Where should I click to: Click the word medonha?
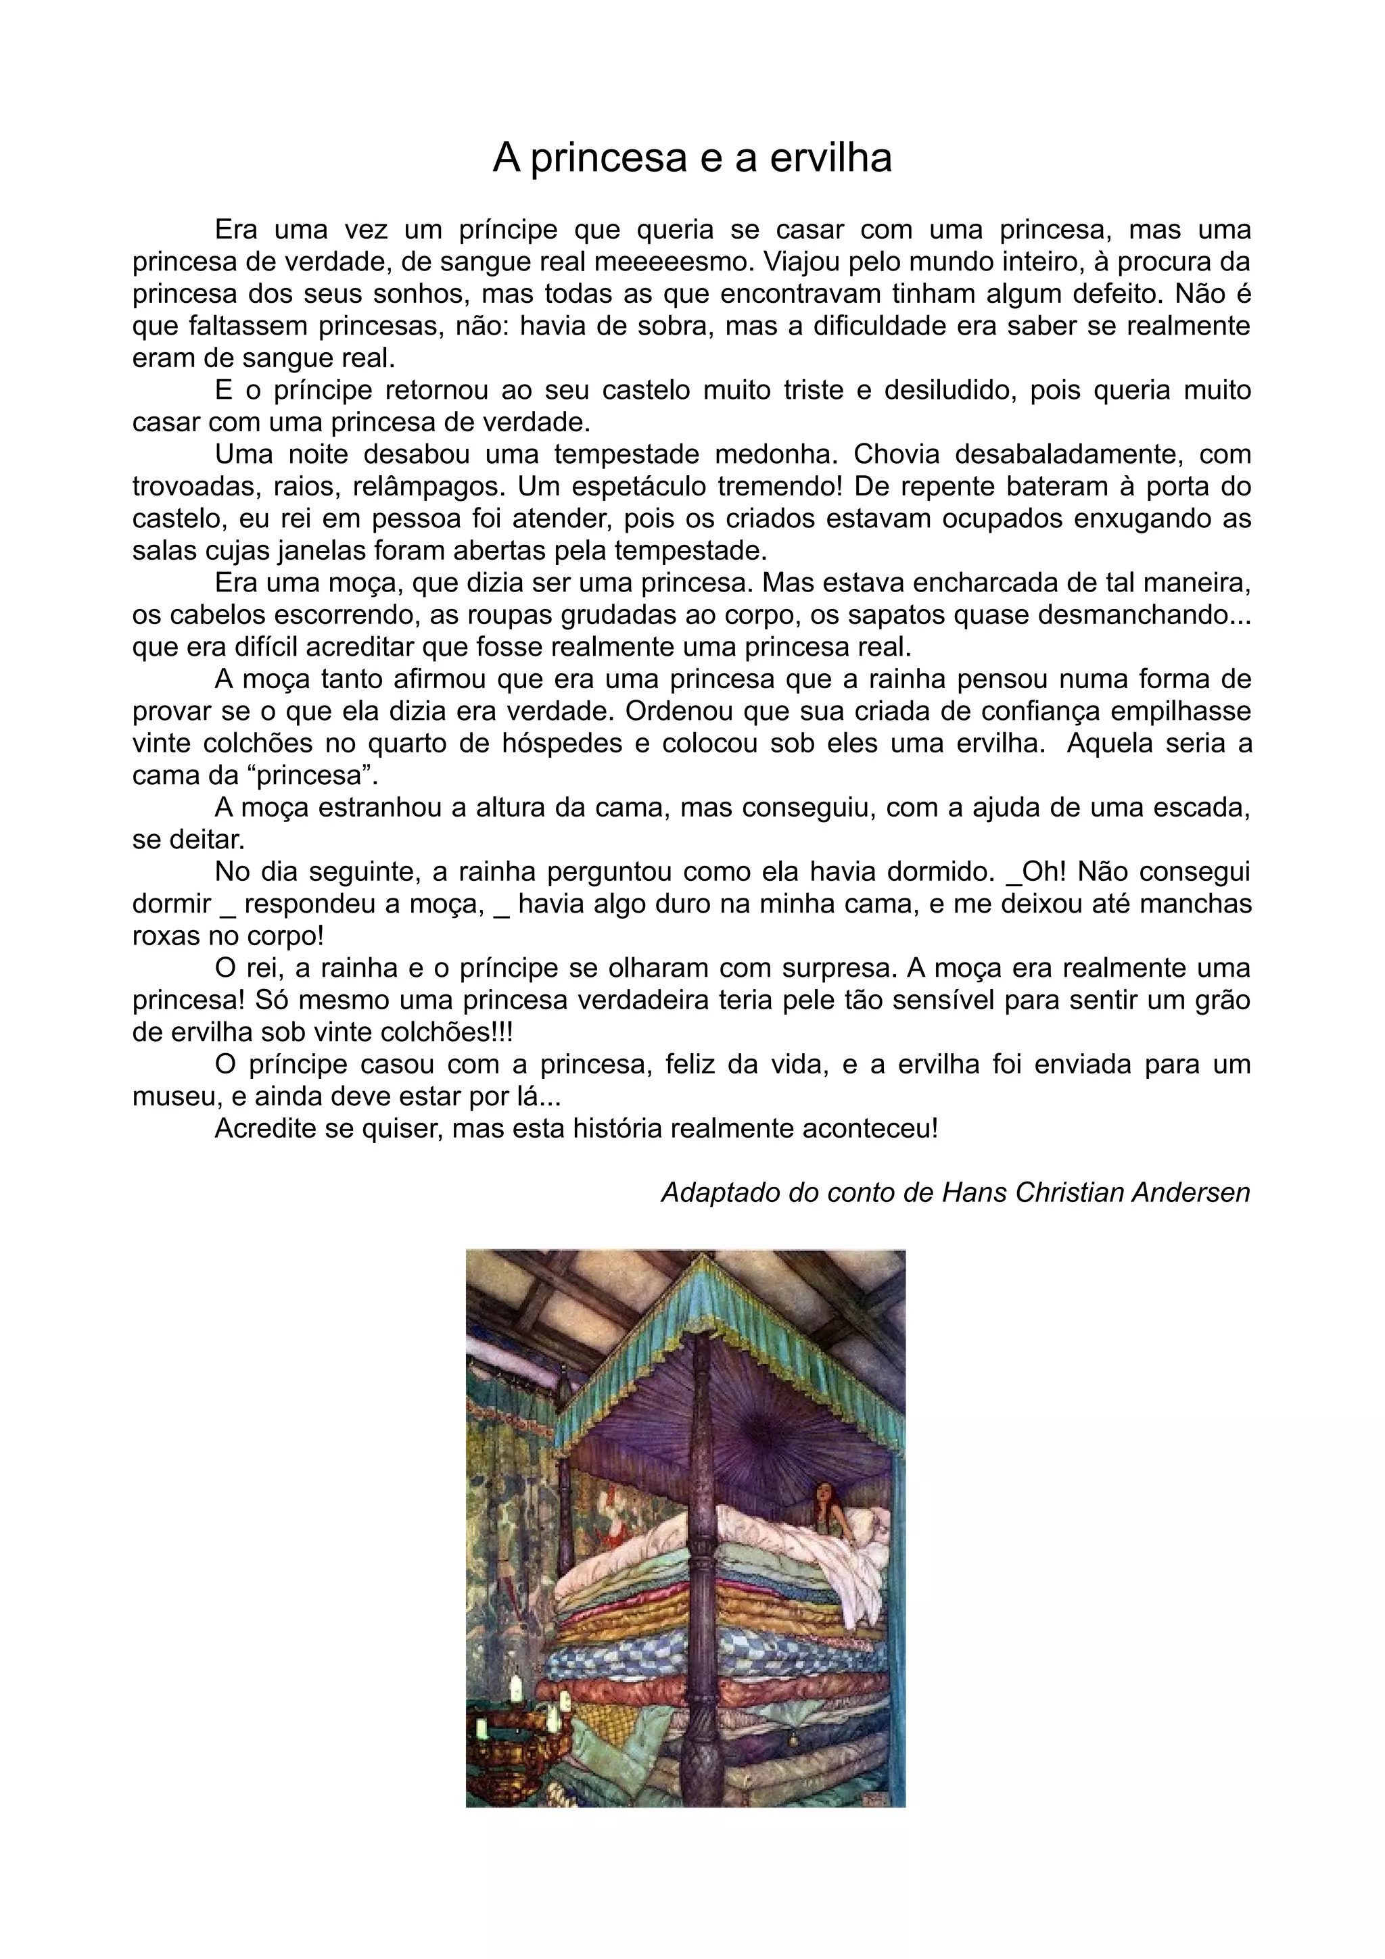click(x=769, y=455)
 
